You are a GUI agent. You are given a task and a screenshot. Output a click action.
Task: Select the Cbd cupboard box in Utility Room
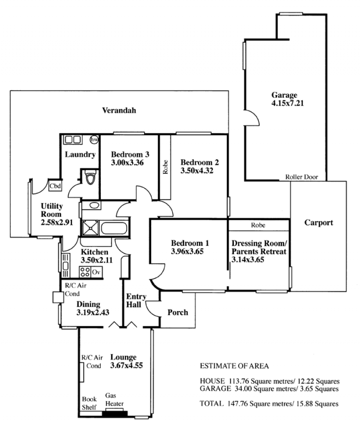coord(55,186)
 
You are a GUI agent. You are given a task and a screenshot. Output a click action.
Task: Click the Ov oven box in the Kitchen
coord(96,272)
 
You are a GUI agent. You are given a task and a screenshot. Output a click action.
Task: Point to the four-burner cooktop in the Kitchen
coord(85,272)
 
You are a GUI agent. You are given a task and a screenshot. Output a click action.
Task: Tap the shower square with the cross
coord(90,228)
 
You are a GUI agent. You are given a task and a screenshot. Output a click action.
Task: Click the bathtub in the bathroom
coord(114,228)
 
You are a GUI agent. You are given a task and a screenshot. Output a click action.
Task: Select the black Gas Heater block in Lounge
coord(115,414)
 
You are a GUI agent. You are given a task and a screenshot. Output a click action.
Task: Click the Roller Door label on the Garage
coord(301,177)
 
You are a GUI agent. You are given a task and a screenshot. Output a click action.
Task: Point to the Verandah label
coord(119,110)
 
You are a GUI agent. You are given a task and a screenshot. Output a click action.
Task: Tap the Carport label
coord(319,223)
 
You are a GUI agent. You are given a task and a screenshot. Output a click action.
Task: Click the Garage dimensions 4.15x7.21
coord(288,103)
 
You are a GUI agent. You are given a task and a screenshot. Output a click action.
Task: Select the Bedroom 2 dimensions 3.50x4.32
coord(197,171)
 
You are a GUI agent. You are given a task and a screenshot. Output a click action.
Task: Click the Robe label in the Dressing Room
coord(258,225)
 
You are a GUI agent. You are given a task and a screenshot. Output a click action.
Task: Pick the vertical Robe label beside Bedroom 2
coord(166,167)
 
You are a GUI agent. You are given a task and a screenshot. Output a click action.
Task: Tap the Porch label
coord(178,312)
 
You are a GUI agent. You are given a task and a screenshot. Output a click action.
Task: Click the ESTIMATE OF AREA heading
coord(234,366)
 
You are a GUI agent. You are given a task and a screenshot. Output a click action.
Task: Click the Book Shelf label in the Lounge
coord(89,403)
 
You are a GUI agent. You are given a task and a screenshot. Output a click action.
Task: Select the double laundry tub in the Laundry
coord(73,140)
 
